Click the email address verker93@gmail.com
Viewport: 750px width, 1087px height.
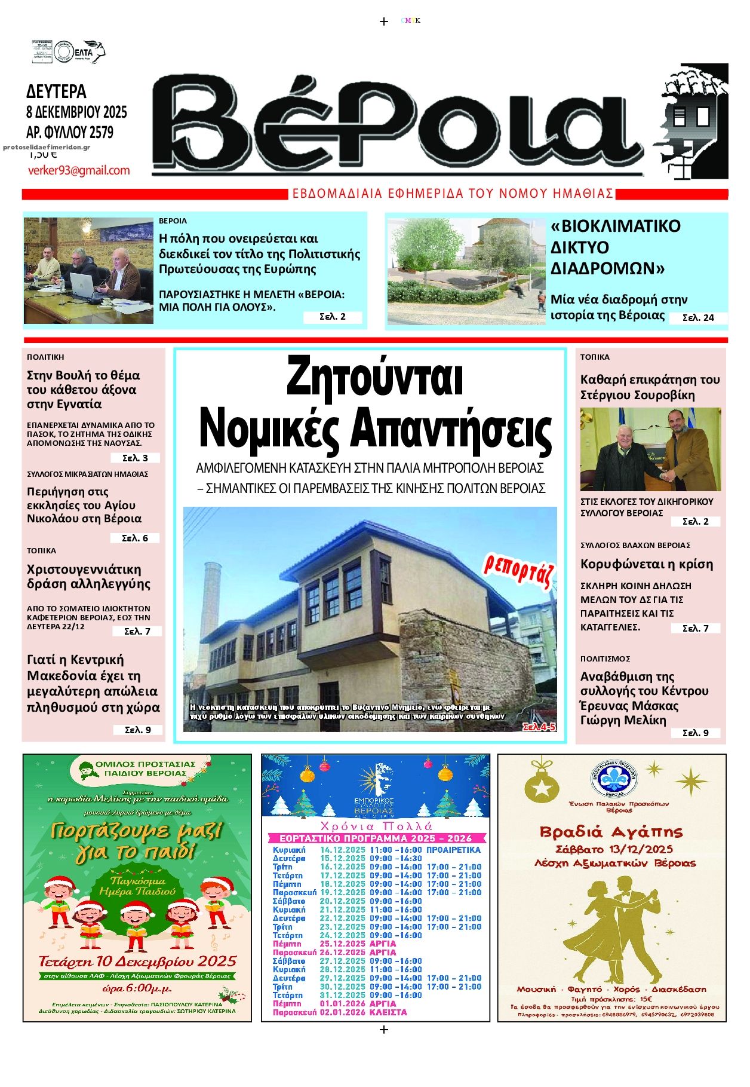click(x=79, y=170)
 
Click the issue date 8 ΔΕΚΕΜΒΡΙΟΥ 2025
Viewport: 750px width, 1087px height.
click(x=76, y=112)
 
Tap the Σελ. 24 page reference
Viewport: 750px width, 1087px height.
click(x=698, y=318)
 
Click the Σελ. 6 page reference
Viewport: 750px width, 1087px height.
click(x=134, y=538)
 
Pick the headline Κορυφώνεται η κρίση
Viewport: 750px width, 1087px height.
click(x=647, y=564)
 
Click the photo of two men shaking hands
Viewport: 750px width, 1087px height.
click(x=650, y=449)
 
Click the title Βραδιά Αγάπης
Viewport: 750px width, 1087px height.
click(x=611, y=832)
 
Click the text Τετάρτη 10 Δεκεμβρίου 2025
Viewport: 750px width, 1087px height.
click(x=137, y=962)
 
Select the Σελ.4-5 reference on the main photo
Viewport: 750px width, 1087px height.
click(x=539, y=727)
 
